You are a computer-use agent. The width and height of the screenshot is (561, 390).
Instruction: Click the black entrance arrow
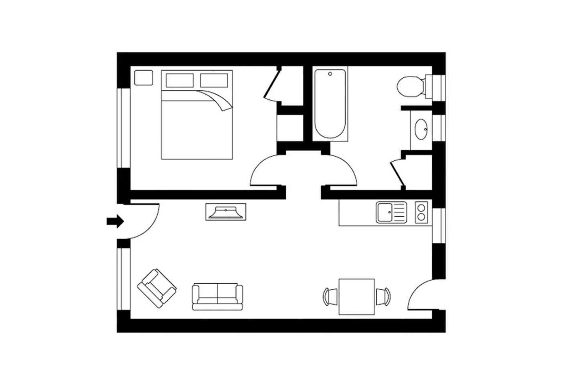(115, 221)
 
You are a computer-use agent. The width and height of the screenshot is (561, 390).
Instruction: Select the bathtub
(330, 104)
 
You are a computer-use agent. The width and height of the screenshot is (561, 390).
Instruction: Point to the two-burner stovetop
(421, 212)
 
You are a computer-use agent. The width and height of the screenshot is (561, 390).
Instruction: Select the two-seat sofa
(217, 297)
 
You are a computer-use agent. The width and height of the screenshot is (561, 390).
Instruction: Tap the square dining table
(356, 297)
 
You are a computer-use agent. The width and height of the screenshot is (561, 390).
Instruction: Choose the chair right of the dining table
(383, 297)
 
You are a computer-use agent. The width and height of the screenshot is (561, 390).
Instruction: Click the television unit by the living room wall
(226, 211)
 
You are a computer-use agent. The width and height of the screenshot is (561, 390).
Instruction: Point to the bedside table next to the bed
(143, 77)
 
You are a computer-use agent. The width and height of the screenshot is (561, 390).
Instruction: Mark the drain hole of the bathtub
(330, 74)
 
